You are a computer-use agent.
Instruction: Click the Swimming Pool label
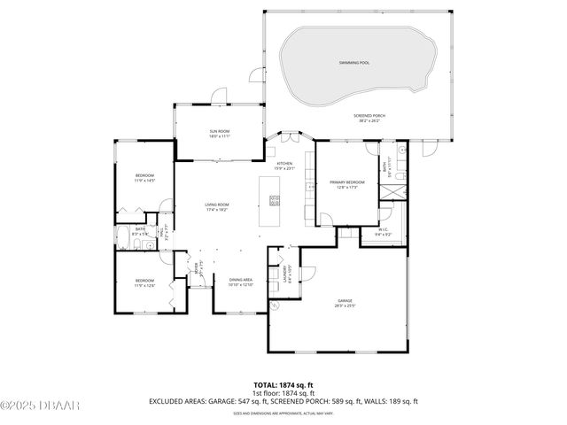pos(353,63)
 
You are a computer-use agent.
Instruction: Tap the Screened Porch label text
pos(369,119)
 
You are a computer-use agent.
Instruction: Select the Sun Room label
pos(219,134)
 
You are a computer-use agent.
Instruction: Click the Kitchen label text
pos(284,166)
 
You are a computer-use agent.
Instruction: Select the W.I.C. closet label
pos(383,233)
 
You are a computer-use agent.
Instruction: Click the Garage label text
pos(345,303)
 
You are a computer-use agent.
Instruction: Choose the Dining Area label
pos(241,282)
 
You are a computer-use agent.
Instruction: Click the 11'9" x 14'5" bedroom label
pos(144,179)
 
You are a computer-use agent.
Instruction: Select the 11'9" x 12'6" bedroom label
pos(144,282)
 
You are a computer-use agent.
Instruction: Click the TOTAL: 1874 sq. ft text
pos(283,384)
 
